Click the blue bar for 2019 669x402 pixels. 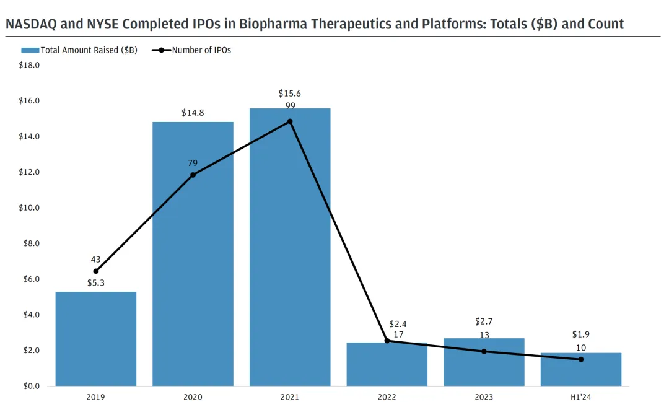[x=96, y=339]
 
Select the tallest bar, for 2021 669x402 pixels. [x=290, y=248]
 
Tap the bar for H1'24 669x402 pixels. [x=581, y=370]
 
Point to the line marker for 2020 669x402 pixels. [x=193, y=175]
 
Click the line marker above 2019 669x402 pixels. [x=96, y=271]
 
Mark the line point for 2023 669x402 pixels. [x=484, y=351]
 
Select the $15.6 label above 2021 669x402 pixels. [x=290, y=94]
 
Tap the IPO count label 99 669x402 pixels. [x=290, y=106]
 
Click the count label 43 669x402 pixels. [x=95, y=260]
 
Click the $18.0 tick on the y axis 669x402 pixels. [x=28, y=65]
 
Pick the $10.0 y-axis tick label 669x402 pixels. [x=28, y=208]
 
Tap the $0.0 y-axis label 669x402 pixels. [x=30, y=387]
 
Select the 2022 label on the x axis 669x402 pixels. [x=387, y=396]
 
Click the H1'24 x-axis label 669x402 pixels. [x=581, y=396]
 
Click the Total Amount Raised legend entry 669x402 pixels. [x=81, y=50]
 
